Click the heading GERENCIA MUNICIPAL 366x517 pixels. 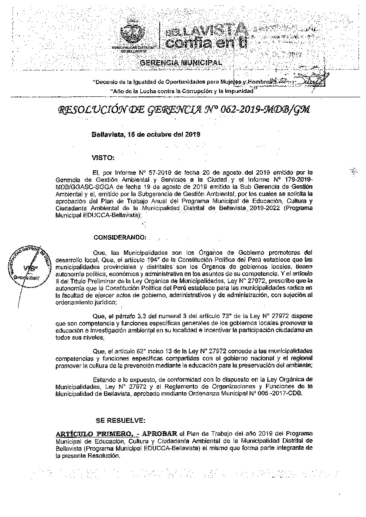(x=181, y=63)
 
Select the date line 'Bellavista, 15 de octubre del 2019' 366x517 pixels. (x=146, y=135)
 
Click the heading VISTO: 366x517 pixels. (x=103, y=157)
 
